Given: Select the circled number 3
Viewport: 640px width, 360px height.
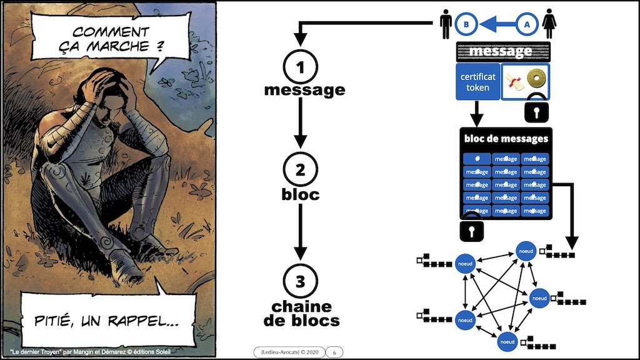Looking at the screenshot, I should coord(300,281).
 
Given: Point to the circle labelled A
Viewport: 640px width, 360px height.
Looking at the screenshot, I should coord(527,25).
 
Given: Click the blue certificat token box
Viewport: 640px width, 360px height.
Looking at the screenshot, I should coord(477,82).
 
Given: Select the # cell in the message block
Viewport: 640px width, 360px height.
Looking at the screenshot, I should coord(477,159).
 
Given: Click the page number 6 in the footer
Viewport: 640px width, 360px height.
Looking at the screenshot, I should coord(334,352).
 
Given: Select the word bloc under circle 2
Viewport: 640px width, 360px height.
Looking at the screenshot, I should coord(300,194).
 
